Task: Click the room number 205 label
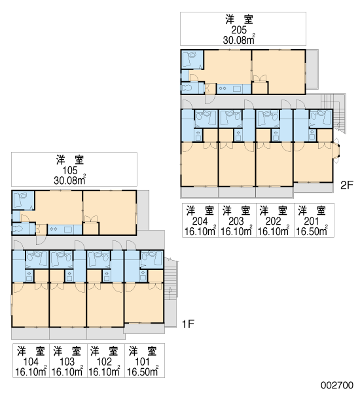239,30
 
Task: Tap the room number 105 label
70,171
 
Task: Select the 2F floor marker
347,185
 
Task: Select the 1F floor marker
188,324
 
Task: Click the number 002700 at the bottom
337,385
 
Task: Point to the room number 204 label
200,221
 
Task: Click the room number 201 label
312,221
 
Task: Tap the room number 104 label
31,362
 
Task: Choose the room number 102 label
104,362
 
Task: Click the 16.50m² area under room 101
143,371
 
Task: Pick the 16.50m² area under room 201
312,231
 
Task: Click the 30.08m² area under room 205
240,39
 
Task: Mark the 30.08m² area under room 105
70,180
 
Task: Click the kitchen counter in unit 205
234,89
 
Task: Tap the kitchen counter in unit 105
65,230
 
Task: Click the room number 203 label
236,221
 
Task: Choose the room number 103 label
67,362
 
